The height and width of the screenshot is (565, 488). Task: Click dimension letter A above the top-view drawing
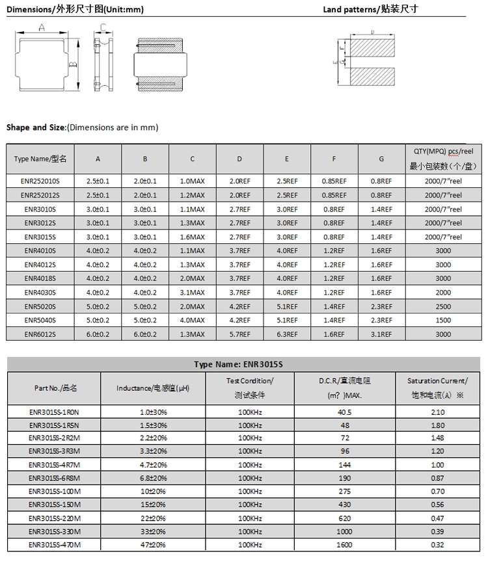(41, 27)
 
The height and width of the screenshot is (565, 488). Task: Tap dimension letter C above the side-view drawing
(103, 27)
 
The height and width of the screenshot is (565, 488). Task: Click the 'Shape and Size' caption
(36, 127)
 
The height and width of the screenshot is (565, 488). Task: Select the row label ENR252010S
(40, 181)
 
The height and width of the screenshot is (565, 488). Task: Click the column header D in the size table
(239, 159)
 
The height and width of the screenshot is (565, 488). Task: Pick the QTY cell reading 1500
(442, 320)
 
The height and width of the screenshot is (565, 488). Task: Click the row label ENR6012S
(40, 334)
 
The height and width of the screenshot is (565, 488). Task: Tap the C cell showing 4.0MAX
(193, 320)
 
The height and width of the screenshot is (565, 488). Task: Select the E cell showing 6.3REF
(287, 334)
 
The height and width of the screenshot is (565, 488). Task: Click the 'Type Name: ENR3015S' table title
(243, 364)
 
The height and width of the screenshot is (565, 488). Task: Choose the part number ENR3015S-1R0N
(54, 412)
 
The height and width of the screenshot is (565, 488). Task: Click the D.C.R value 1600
(344, 545)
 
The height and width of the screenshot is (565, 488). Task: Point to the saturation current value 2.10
(438, 412)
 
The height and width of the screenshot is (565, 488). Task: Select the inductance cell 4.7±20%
(153, 466)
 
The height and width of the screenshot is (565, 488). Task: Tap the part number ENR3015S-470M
(54, 545)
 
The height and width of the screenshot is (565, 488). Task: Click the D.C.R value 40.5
(344, 412)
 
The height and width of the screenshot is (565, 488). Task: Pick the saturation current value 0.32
(438, 545)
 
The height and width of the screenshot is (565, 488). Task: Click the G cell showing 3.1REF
(381, 334)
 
